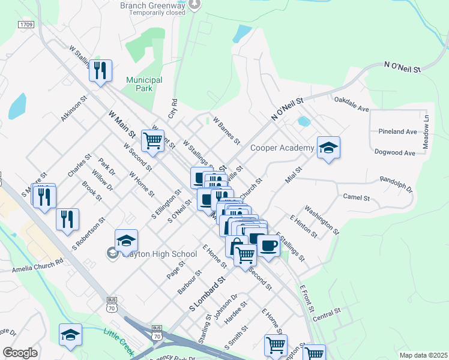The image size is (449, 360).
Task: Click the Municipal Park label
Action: click(144, 84)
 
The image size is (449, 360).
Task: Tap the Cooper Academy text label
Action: click(282, 148)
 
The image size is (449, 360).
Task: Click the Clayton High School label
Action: click(154, 254)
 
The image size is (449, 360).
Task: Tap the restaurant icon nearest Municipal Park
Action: click(100, 71)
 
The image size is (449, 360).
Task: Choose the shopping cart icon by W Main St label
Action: click(152, 142)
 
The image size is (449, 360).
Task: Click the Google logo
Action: click(20, 352)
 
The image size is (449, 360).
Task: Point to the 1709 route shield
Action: click(26, 25)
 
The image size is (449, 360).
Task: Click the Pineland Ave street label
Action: click(397, 131)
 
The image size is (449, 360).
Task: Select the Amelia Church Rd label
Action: click(37, 266)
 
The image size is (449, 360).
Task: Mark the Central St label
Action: click(327, 313)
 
